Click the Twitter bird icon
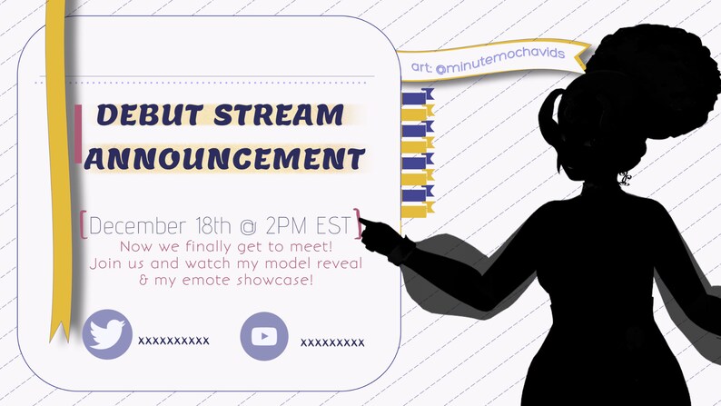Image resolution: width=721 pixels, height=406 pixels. point(107,334)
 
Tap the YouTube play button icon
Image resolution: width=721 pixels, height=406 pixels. point(263,336)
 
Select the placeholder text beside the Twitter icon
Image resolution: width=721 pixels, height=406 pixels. point(173,341)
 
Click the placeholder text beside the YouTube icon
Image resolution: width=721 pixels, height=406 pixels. point(332,342)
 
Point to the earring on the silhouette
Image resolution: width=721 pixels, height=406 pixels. point(624,178)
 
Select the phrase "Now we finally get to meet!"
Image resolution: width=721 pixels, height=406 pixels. point(223,246)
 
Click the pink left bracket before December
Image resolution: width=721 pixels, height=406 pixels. point(84,224)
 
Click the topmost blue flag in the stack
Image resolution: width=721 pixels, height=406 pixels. point(417,97)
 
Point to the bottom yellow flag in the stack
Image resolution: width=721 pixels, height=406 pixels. point(417,212)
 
